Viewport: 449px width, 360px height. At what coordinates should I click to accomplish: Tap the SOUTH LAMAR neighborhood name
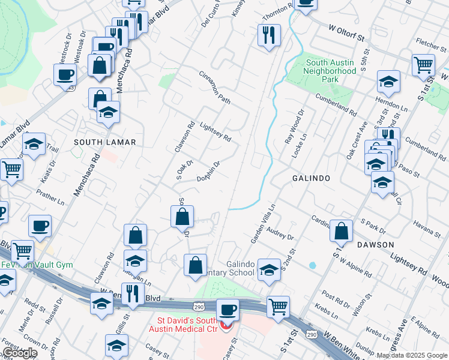click(105, 142)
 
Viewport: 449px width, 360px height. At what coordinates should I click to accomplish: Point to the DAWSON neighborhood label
click(375, 245)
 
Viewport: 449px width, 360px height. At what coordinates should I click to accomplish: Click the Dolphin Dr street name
click(209, 171)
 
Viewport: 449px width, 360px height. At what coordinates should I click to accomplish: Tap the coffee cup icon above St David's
click(228, 310)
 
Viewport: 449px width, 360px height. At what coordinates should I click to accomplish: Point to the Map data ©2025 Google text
click(412, 355)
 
